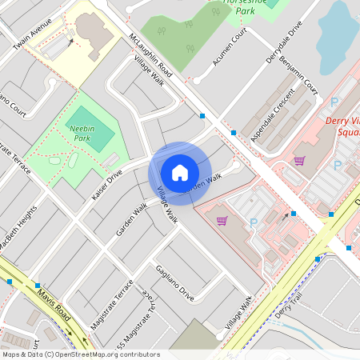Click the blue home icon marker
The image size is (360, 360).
click(180, 172)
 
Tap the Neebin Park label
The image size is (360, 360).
click(82, 132)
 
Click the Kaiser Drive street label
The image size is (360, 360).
click(107, 183)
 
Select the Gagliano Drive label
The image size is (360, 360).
click(174, 282)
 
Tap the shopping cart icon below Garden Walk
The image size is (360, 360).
click(222, 220)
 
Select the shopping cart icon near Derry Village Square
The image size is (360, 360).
click(299, 160)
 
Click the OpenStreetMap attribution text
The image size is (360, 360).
click(80, 354)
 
